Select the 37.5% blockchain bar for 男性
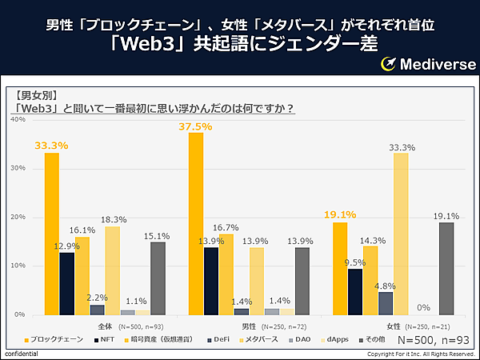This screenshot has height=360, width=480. point(196,223)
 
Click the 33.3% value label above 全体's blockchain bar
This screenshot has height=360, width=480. point(51,146)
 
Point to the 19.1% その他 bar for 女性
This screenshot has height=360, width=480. point(446,268)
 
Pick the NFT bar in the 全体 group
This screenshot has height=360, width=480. point(66,283)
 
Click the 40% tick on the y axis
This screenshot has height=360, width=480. point(17,119)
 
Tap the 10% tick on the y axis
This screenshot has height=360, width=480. point(17,266)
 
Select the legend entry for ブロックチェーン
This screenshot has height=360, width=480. point(55,340)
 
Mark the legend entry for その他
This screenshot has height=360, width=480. point(375,340)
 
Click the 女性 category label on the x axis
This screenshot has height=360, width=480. point(394,326)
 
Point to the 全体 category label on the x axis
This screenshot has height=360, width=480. point(105,326)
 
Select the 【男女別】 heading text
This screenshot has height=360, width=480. point(37,94)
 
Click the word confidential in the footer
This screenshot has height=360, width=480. point(20,354)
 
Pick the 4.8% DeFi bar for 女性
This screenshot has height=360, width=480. point(386,303)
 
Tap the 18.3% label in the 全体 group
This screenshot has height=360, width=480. point(112,218)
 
